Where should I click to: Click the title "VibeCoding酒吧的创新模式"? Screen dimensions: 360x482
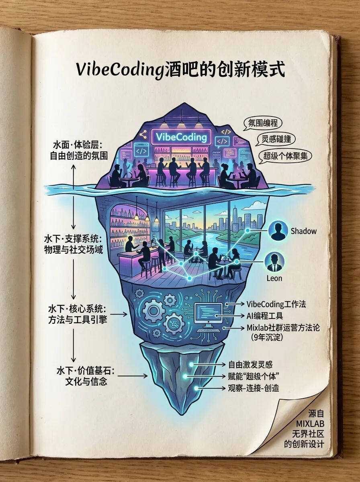180,69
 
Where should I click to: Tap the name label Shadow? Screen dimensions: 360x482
303,231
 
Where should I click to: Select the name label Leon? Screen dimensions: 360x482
274,278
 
